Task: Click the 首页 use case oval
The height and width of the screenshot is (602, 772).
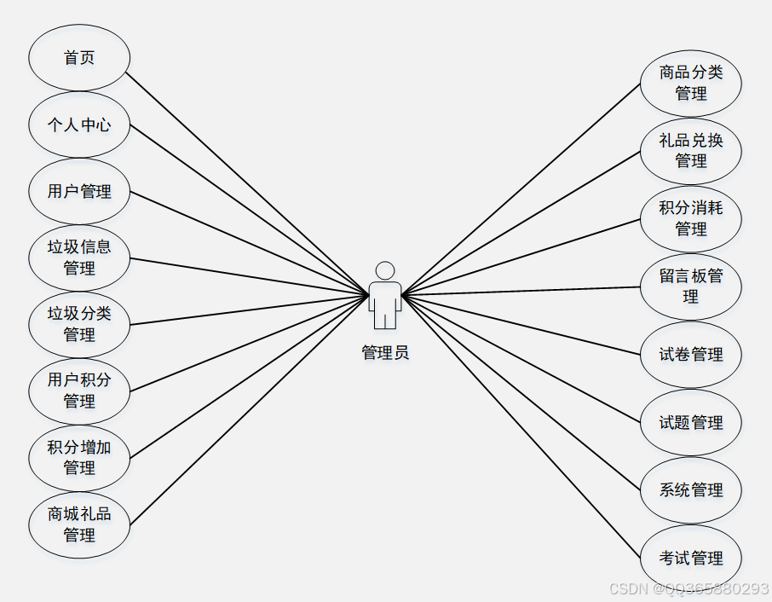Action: [x=79, y=58]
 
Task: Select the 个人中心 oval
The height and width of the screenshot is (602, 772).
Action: [x=79, y=124]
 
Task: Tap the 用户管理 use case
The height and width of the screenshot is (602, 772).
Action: [x=79, y=191]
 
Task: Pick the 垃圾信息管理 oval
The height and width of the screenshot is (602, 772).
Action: [x=79, y=258]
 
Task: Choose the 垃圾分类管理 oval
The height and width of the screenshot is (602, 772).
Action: [x=79, y=324]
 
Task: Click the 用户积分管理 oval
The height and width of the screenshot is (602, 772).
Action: [x=79, y=391]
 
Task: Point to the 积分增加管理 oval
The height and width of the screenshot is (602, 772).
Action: [x=79, y=457]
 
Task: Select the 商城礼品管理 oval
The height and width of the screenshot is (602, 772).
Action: [x=79, y=524]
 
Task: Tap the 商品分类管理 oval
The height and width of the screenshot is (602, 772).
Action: [x=691, y=83]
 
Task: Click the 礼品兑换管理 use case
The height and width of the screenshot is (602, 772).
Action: [x=691, y=151]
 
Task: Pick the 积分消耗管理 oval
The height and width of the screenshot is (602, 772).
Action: [x=691, y=218]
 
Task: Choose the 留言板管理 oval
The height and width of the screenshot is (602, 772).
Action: [x=691, y=287]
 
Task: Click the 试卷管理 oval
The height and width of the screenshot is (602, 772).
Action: [x=691, y=355]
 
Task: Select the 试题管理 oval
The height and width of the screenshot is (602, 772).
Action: [x=691, y=422]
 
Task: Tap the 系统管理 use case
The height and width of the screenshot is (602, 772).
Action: [x=691, y=490]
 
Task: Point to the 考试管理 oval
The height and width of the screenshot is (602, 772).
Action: [x=691, y=559]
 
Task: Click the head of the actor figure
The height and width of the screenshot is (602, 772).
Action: [x=385, y=270]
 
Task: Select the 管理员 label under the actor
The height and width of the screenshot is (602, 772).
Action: [x=385, y=353]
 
